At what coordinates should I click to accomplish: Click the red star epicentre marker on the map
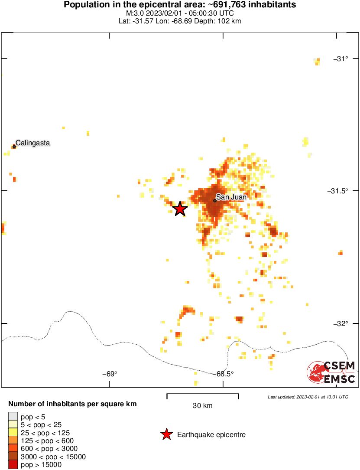click(180, 209)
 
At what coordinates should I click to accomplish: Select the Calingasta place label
click(33, 143)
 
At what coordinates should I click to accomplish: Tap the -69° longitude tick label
click(110, 374)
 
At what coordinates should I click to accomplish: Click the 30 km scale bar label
click(202, 406)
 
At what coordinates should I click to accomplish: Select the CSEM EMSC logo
click(332, 372)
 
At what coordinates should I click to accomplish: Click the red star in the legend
click(166, 434)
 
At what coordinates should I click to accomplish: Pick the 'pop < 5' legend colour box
click(13, 417)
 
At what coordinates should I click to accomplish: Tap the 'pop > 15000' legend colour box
click(13, 464)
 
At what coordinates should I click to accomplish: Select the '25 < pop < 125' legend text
click(45, 433)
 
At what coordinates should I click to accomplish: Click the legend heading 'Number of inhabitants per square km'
click(72, 404)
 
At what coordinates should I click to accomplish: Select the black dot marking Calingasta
click(14, 147)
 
